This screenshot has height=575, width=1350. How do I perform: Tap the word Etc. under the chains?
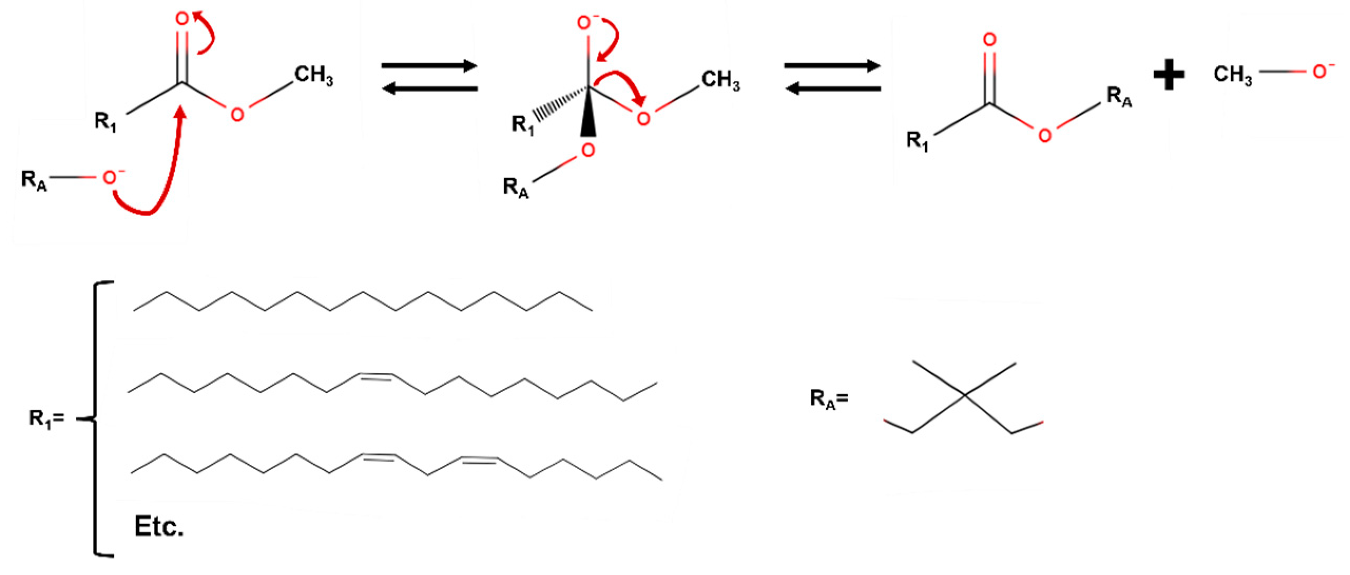click(x=159, y=527)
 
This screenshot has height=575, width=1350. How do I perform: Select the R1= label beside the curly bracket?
click(x=46, y=420)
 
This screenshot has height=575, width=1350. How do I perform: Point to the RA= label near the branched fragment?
click(x=829, y=399)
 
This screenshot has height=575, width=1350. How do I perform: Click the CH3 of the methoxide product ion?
click(x=1232, y=75)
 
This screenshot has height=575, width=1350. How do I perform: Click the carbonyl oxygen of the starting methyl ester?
click(x=182, y=20)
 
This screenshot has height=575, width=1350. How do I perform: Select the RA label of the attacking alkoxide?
click(x=34, y=181)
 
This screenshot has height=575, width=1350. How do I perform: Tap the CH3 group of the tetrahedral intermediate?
click(x=720, y=81)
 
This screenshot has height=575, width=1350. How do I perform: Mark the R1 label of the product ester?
click(x=918, y=141)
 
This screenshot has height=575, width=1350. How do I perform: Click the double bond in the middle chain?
click(x=375, y=376)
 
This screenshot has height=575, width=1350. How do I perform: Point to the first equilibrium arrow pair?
click(x=429, y=77)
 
